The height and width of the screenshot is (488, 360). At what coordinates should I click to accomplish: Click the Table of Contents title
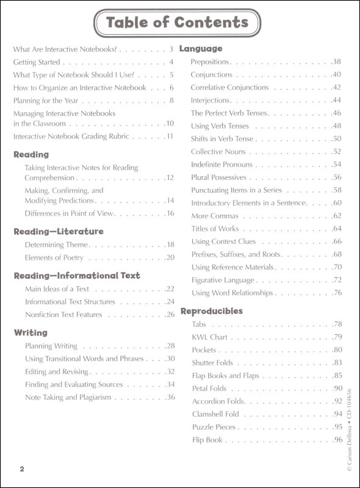click(x=177, y=23)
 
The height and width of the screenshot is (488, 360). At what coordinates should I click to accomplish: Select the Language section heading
click(x=201, y=48)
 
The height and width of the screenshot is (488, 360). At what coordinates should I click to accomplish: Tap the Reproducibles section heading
click(x=211, y=311)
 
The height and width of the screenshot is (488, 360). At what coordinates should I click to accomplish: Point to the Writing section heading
click(x=31, y=332)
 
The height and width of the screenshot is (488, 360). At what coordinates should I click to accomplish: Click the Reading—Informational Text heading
click(x=77, y=276)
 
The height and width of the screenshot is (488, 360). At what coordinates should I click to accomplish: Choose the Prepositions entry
click(x=210, y=62)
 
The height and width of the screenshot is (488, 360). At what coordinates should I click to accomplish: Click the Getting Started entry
click(x=37, y=62)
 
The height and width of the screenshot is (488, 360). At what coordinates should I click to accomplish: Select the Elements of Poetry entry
click(x=55, y=257)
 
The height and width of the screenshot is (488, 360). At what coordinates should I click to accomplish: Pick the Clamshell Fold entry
click(x=217, y=414)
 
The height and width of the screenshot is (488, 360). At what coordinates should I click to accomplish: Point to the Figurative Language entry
click(x=222, y=280)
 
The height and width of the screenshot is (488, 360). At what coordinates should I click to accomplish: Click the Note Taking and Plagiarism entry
click(x=68, y=397)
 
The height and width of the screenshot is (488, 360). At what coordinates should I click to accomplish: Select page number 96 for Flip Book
click(x=336, y=439)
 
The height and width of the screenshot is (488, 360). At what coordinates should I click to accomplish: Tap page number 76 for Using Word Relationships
click(x=336, y=293)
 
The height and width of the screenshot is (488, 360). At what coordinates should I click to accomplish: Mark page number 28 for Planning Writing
click(x=170, y=346)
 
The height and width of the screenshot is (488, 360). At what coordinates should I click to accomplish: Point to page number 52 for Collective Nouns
click(x=336, y=151)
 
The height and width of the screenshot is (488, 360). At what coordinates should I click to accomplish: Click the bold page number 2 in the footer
click(x=21, y=468)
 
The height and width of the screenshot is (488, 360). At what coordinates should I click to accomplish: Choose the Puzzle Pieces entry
click(x=214, y=426)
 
